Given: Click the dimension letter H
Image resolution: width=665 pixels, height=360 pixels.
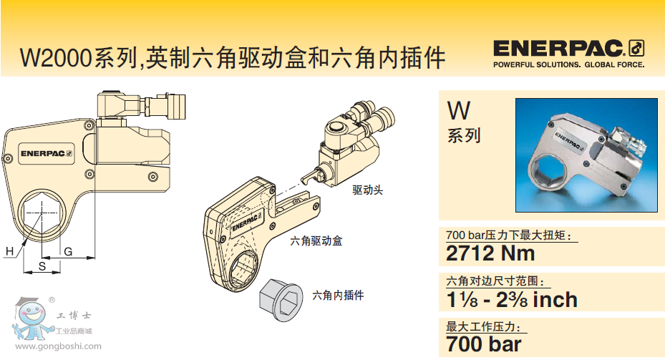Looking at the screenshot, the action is [9, 251].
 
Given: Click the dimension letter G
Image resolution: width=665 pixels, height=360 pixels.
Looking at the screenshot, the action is [68, 252].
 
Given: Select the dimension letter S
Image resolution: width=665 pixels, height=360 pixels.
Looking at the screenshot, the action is [42, 266].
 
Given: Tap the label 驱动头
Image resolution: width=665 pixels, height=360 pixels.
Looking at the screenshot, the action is [367, 190].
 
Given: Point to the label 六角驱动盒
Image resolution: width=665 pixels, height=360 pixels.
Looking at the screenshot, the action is [316, 241].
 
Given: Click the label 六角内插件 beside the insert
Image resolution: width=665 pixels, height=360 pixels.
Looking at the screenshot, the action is [338, 295].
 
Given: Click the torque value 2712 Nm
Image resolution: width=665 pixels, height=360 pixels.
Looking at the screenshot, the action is [490, 253].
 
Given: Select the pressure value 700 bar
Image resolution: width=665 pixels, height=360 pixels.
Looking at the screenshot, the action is [483, 344].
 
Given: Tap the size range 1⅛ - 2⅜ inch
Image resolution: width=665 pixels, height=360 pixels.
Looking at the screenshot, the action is [512, 299].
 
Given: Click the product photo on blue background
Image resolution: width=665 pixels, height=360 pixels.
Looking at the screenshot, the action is [586, 155].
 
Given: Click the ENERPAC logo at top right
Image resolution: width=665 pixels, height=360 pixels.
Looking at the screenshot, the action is [569, 49].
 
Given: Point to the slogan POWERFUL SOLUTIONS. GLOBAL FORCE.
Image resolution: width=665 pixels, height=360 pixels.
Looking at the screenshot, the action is [569, 65].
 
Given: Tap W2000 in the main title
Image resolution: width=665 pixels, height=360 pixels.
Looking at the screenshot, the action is [57, 58].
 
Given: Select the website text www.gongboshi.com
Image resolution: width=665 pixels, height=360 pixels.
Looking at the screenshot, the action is [58, 346].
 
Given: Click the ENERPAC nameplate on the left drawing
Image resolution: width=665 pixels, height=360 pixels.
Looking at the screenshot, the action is [47, 153].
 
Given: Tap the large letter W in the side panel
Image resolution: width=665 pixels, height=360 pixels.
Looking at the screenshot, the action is [459, 111].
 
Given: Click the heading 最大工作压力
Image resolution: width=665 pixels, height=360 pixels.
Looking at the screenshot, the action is [483, 327].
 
